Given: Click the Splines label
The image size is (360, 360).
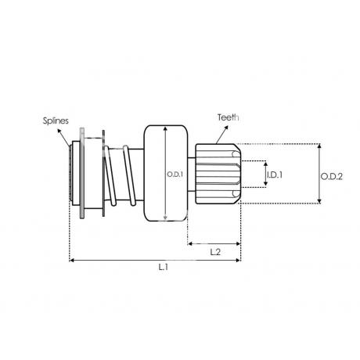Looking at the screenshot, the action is coord(56,121).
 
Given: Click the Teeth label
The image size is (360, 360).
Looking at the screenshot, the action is coord(229,117).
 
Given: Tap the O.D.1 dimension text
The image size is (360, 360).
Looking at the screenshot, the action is coord(175,175).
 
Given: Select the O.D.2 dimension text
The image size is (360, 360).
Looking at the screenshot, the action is coord(331,177).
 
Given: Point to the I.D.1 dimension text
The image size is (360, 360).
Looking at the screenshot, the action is coord(275,175).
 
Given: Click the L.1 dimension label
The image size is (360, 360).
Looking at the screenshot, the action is coord(164,267).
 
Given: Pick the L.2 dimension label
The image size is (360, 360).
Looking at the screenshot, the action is coord(215,252).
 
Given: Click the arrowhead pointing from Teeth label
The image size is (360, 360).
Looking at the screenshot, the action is coord(226,128).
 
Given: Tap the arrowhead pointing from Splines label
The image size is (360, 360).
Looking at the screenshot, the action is coord(59,131).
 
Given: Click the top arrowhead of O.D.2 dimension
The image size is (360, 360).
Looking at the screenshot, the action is coord(319,146).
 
